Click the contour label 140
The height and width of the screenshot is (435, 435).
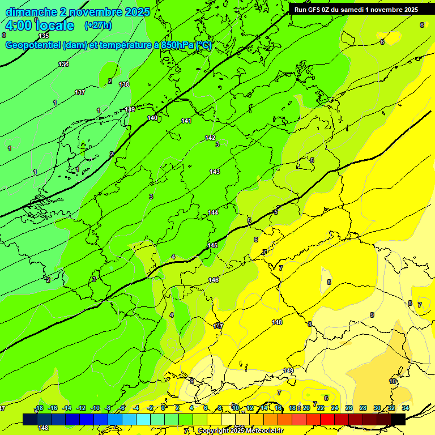coord(152,118)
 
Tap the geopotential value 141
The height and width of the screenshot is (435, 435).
coord(186,121)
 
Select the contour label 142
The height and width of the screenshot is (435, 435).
coord(210,138)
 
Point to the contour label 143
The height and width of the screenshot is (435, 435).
coord(215,172)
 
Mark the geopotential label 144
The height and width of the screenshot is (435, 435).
coord(213,212)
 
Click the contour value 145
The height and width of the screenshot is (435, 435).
coord(212,245)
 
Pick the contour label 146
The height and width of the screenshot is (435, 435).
coord(214,280)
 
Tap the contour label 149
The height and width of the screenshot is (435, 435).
coord(288,370)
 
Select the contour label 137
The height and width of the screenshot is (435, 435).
coord(80,92)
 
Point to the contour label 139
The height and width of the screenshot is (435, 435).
coord(130,109)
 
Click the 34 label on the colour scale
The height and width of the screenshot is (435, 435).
coord(406,408)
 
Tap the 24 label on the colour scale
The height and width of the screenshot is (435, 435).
coord(335,408)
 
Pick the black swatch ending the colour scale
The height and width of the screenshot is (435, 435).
coord(398,419)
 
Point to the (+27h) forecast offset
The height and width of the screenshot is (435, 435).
coord(98,25)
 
